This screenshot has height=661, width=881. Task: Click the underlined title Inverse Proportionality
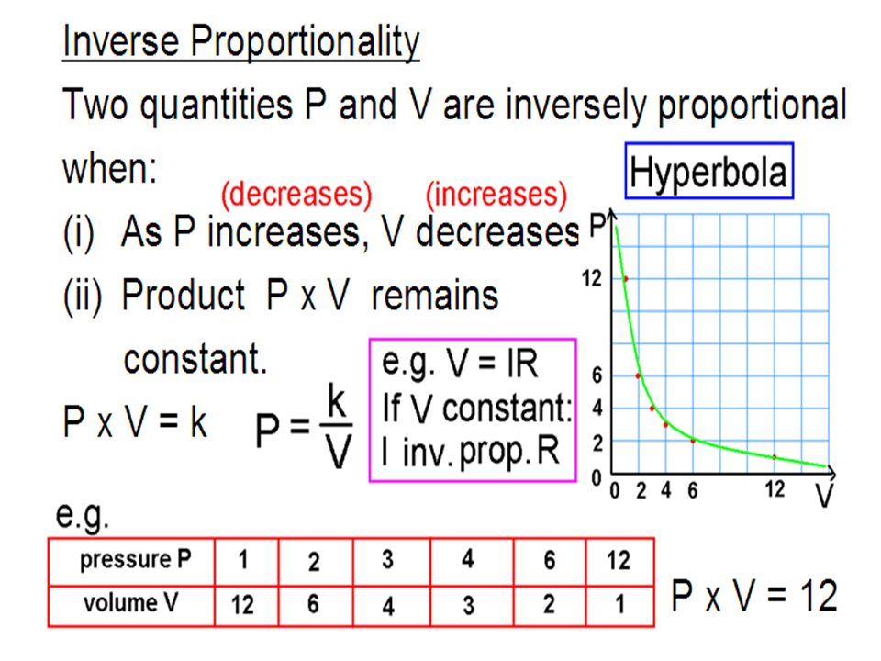241,41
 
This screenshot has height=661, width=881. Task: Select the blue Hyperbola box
709,171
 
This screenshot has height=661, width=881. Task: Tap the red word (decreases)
296,195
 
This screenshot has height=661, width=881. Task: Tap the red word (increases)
496,195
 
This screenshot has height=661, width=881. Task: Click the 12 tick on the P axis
591,278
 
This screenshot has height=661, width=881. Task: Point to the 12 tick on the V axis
775,489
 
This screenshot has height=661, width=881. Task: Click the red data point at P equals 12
625,279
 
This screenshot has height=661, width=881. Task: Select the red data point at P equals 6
639,375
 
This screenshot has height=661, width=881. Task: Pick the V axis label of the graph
824,495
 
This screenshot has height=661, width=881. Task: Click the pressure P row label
136,560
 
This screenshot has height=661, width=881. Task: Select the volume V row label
131,603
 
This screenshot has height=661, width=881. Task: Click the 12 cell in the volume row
242,605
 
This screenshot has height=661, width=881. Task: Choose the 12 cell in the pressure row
619,561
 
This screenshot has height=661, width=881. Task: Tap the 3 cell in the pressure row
387,560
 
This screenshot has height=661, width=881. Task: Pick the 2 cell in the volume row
549,604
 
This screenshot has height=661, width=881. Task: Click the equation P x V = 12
754,595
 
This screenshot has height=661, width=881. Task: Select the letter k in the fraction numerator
336,401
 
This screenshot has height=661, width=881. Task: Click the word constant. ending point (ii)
195,359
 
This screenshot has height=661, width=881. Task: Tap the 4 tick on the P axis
597,408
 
